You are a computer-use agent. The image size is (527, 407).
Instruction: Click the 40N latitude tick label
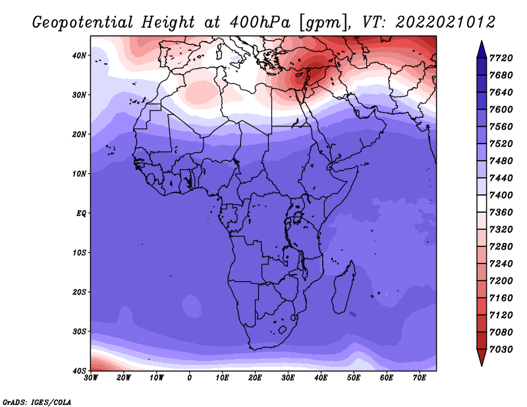coord(79,55)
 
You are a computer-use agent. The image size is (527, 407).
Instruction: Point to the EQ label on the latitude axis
coord(81,213)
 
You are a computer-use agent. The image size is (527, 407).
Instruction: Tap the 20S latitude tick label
coord(79,292)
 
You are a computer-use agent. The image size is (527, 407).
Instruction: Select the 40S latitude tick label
coord(79,371)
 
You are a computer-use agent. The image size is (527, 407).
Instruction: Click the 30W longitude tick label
coord(91,378)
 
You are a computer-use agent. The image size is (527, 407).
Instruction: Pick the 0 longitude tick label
coord(190,378)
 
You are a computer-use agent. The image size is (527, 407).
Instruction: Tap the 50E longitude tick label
coord(354,378)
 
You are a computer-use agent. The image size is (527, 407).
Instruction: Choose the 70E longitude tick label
coord(420,378)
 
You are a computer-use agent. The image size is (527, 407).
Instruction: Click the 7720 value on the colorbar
coord(501,58)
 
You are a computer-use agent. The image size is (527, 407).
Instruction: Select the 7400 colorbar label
coord(501,195)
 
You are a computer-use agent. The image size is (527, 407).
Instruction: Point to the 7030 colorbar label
coord(501,349)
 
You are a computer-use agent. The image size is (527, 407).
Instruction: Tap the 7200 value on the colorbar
coord(501,281)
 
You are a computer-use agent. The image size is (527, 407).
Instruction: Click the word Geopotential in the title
coord(83,23)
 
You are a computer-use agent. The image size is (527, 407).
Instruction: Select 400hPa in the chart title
coord(260,22)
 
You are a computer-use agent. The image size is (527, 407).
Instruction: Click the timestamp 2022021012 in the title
coord(445,22)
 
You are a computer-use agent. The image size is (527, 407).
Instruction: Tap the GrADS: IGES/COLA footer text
coord(37,402)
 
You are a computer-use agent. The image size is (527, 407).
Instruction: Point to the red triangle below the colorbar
coord(482,358)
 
